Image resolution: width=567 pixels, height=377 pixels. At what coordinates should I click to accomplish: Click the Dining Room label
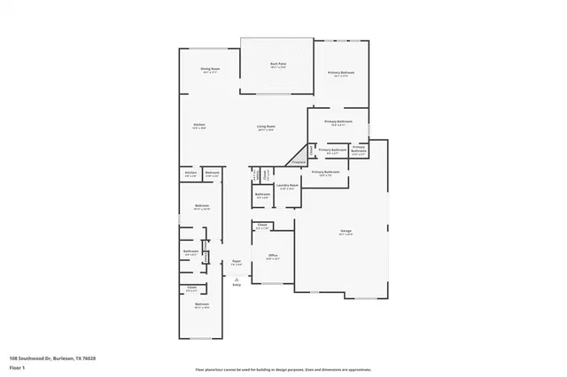point(209,68)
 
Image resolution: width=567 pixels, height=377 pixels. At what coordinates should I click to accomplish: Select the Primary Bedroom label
point(340,73)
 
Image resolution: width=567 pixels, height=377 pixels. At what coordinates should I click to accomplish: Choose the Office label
point(274,256)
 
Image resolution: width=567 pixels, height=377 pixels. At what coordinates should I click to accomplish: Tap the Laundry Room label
point(288,187)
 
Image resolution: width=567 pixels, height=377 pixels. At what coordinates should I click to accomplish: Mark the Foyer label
point(237,261)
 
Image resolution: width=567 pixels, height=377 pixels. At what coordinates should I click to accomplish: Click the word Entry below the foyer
point(237,284)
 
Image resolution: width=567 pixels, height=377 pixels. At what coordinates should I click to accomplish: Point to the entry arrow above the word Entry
point(237,276)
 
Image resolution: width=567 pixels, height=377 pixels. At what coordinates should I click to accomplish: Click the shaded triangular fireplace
point(298,160)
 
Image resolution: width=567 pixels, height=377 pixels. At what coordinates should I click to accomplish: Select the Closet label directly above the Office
point(263,225)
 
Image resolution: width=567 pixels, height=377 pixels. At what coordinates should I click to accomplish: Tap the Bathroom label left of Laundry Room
point(262,194)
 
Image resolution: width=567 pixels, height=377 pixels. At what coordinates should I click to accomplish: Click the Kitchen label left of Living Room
point(199,125)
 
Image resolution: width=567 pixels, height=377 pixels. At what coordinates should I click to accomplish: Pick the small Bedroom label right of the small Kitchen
point(212,173)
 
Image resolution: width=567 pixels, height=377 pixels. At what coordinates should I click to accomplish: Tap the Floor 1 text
point(15,367)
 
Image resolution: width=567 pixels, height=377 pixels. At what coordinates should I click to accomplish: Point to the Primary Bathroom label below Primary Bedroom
point(338,121)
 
